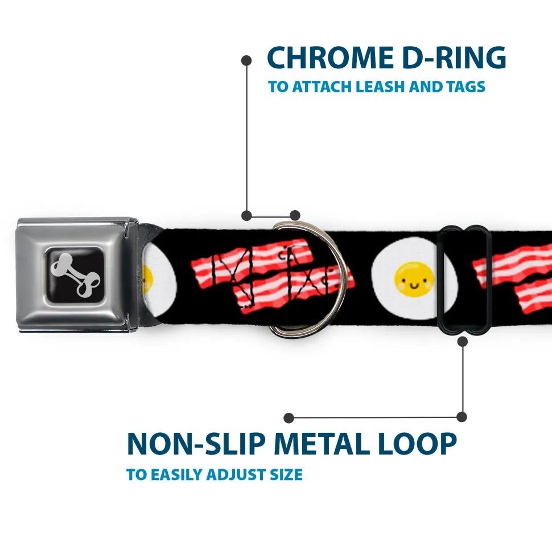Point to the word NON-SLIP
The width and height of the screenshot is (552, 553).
coord(196,444)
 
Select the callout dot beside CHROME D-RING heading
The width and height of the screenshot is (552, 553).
coord(246,59)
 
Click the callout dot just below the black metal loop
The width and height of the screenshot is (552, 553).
coord(463,342)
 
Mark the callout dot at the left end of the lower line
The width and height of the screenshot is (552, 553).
coord(289,418)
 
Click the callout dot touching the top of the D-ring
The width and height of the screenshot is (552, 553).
coord(295,215)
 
